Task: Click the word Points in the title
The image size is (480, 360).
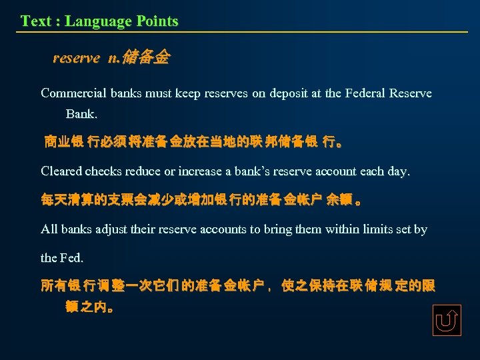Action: (x=157, y=21)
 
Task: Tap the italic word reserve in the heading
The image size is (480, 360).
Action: (x=76, y=59)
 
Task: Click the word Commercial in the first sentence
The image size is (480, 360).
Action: (x=73, y=93)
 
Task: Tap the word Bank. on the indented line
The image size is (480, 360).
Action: (x=81, y=114)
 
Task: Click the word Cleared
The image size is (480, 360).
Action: (x=62, y=171)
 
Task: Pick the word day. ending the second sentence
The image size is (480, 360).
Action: (x=399, y=171)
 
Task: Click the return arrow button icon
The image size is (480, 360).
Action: (x=446, y=321)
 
